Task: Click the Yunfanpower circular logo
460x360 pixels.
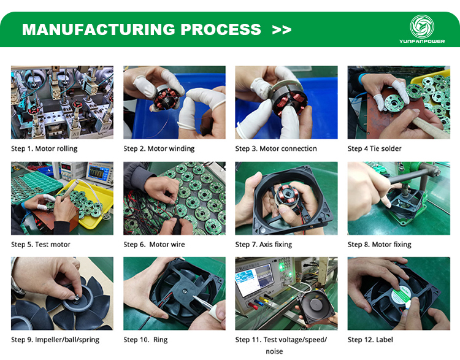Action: (422, 26)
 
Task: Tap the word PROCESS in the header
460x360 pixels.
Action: (221, 29)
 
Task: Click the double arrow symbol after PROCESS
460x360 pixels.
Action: (282, 29)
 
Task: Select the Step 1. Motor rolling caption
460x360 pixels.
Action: (44, 148)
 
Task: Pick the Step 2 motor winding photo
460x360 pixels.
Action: (174, 102)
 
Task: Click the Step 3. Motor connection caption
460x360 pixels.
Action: (276, 148)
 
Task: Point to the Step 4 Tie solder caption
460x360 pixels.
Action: (374, 148)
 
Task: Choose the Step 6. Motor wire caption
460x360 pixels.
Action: (154, 245)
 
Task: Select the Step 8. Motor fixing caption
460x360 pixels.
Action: (379, 245)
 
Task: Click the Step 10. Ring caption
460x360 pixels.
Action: (145, 340)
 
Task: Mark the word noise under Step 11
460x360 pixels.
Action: (274, 351)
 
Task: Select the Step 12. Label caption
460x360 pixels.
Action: (370, 340)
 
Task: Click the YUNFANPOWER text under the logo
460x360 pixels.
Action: (422, 41)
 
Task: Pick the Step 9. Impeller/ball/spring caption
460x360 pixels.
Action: (55, 340)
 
